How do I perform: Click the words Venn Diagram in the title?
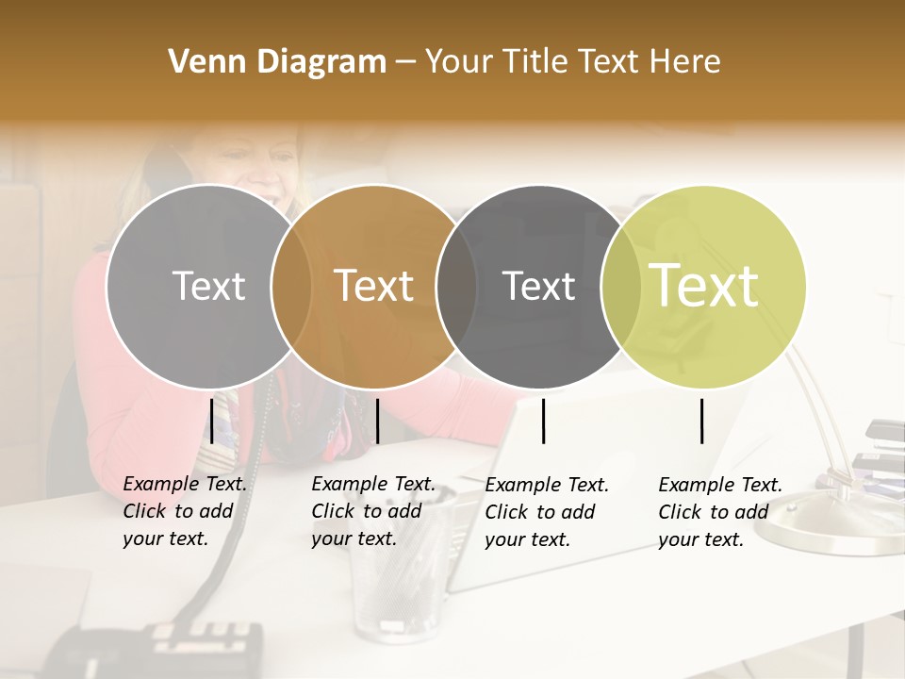pyautogui.click(x=277, y=62)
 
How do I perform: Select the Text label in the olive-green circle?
pyautogui.click(x=704, y=285)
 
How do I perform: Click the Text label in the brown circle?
pyautogui.click(x=374, y=286)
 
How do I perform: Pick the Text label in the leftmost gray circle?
pyautogui.click(x=209, y=286)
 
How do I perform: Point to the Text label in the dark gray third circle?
pyautogui.click(x=538, y=286)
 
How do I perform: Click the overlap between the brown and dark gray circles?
pyautogui.click(x=456, y=287)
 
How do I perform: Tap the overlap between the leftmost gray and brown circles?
pyautogui.click(x=291, y=287)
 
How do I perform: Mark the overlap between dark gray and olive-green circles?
pyautogui.click(x=621, y=287)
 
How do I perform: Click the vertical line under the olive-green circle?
pyautogui.click(x=701, y=421)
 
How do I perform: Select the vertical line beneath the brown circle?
pyautogui.click(x=377, y=421)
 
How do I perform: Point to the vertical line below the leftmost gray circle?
pyautogui.click(x=212, y=421)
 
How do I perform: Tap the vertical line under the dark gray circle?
pyautogui.click(x=544, y=421)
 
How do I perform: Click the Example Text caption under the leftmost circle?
pyautogui.click(x=184, y=511)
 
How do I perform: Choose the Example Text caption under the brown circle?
pyautogui.click(x=372, y=511)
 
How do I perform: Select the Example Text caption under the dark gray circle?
pyautogui.click(x=546, y=511)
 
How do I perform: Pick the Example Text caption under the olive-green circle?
pyautogui.click(x=719, y=511)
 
